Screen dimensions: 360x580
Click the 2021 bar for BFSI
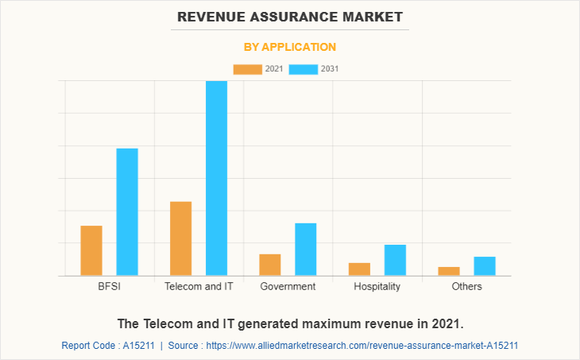click(x=91, y=250)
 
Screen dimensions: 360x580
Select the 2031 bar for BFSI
click(x=127, y=212)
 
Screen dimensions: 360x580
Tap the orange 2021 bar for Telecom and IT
click(x=180, y=238)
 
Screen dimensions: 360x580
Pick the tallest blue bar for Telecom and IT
click(x=216, y=178)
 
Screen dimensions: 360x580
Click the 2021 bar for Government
click(x=270, y=265)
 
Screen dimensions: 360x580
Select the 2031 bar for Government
click(x=306, y=250)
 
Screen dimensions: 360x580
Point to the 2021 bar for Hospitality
click(x=359, y=269)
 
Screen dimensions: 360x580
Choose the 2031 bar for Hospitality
click(x=395, y=260)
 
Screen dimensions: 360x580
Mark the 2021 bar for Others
click(x=449, y=271)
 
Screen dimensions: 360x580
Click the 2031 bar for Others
click(x=485, y=266)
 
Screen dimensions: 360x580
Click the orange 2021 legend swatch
click(x=247, y=69)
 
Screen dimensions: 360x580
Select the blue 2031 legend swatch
click(x=304, y=69)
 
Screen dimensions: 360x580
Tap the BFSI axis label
click(x=109, y=286)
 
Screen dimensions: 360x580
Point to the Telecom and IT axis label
click(x=199, y=286)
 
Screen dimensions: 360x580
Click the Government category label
click(x=288, y=286)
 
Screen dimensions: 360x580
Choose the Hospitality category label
click(x=377, y=286)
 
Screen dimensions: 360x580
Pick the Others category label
click(x=466, y=286)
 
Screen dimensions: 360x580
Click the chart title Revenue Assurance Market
click(x=290, y=16)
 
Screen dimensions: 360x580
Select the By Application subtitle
click(x=290, y=47)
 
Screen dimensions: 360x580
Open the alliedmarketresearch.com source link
click(x=362, y=346)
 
